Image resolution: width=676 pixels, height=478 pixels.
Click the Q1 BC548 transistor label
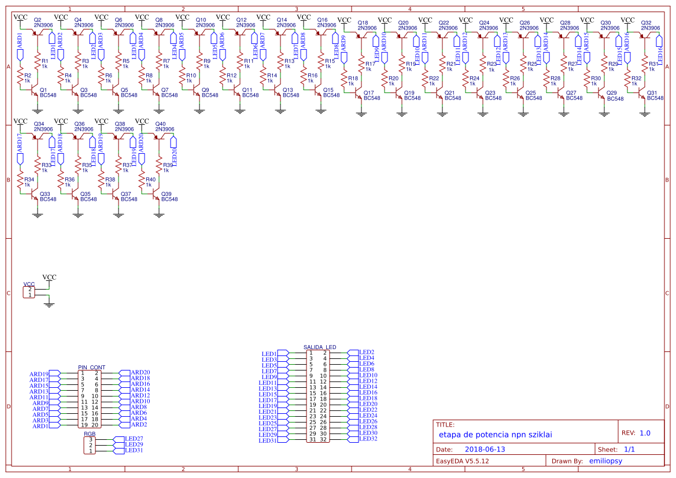point(47,92)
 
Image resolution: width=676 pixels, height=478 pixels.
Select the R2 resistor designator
point(28,75)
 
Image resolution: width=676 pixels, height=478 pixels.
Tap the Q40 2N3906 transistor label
point(165,127)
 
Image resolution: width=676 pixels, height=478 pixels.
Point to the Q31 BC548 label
point(655,95)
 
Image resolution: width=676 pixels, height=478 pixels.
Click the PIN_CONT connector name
point(92,367)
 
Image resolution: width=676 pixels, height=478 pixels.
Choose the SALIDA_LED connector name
point(320,347)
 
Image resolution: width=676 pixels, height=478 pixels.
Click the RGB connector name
point(90,433)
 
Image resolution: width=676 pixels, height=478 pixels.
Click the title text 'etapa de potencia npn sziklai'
point(495,434)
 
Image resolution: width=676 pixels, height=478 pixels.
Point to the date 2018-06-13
point(485,449)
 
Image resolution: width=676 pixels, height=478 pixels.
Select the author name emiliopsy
point(605,461)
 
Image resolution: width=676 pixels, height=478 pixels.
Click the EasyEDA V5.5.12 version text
point(462,461)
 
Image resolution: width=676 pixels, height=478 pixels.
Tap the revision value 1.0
point(645,433)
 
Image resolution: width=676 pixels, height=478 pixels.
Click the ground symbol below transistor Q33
point(38,214)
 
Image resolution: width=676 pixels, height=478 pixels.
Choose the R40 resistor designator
point(150,180)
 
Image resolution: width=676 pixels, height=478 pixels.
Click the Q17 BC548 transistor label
point(372,95)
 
